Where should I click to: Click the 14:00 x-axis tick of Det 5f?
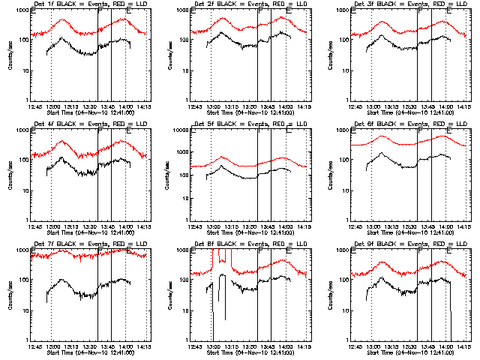tap(286, 226)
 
